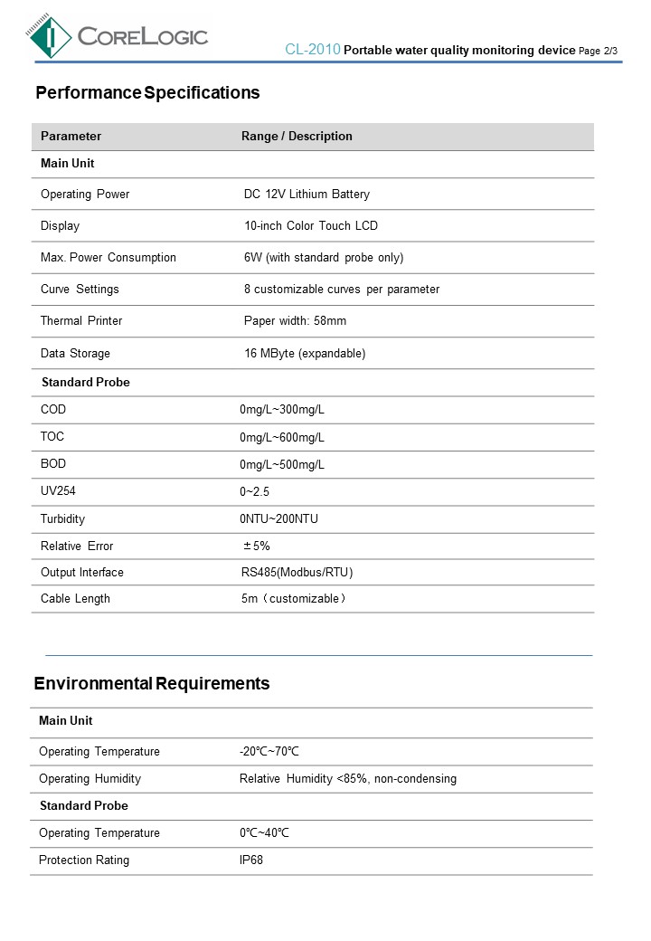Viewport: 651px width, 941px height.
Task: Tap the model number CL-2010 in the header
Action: (312, 50)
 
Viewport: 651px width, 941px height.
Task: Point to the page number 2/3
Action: (609, 51)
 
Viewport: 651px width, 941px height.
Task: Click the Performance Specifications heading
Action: (147, 92)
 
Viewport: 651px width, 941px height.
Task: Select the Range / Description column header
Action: (297, 137)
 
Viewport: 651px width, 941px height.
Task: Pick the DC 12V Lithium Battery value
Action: (307, 195)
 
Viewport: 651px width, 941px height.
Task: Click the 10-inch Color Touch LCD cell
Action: (311, 226)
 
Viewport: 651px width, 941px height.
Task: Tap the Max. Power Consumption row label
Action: (108, 258)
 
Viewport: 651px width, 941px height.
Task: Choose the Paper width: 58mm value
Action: (295, 321)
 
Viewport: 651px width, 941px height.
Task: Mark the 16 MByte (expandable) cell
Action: (305, 354)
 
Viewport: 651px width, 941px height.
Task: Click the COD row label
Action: (53, 410)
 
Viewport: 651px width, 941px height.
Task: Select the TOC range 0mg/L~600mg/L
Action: (282, 438)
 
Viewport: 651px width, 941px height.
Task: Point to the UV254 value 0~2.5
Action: (255, 492)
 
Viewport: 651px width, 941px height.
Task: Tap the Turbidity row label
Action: (62, 519)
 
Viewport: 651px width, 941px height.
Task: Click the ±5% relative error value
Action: (257, 547)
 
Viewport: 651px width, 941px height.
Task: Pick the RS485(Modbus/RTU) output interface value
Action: (297, 573)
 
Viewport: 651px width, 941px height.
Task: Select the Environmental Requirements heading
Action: (152, 683)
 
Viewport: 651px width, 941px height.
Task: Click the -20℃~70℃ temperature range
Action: (269, 752)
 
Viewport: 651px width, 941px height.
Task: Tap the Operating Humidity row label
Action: (90, 779)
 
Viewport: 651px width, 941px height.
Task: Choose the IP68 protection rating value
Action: (251, 860)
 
